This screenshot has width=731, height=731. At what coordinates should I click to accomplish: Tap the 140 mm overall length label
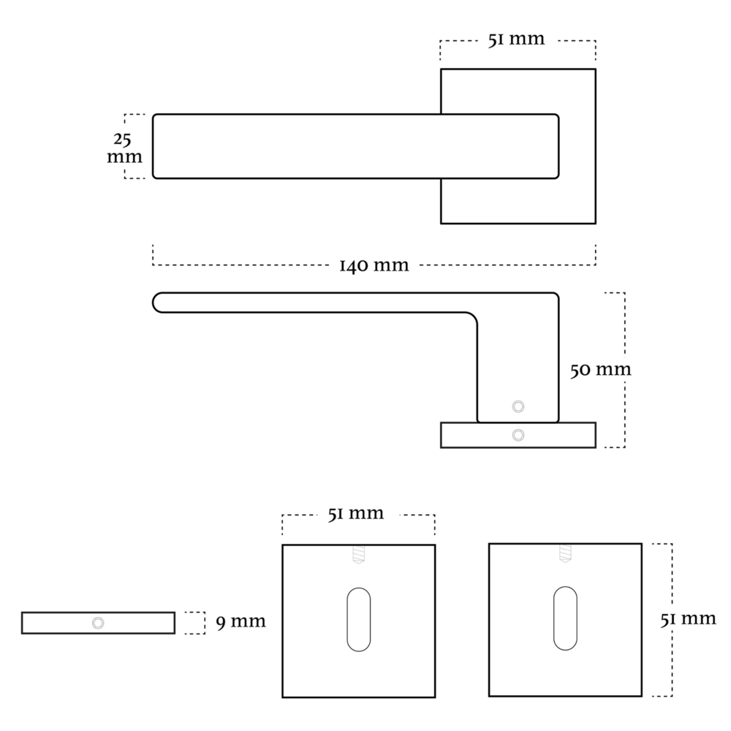pyautogui.click(x=374, y=265)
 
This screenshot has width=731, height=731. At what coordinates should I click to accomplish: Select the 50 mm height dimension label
pyautogui.click(x=600, y=370)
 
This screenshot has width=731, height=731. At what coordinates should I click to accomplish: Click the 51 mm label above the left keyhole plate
pyautogui.click(x=355, y=513)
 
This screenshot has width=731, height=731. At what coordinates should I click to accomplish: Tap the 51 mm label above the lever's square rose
pyautogui.click(x=516, y=39)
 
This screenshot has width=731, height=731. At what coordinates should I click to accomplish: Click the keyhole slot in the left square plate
pyautogui.click(x=358, y=618)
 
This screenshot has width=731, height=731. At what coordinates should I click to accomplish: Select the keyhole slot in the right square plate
pyautogui.click(x=565, y=618)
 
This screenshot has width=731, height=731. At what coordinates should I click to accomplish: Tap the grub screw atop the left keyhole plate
pyautogui.click(x=358, y=556)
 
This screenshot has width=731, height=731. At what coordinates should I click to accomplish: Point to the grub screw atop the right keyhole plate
pyautogui.click(x=565, y=553)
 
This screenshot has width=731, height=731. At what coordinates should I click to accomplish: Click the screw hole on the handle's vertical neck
pyautogui.click(x=518, y=406)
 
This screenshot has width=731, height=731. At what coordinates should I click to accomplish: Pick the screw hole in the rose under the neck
pyautogui.click(x=518, y=435)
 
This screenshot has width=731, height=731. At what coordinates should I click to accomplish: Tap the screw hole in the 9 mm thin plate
pyautogui.click(x=98, y=623)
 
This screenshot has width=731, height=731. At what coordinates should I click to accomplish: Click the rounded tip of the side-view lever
pyautogui.click(x=158, y=303)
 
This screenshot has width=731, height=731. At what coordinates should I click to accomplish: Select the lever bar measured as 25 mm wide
pyautogui.click(x=292, y=146)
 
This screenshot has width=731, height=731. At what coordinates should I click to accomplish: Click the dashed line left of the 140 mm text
pyautogui.click(x=241, y=264)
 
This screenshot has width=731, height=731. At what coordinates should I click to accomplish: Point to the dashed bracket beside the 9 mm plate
pyautogui.click(x=195, y=623)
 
